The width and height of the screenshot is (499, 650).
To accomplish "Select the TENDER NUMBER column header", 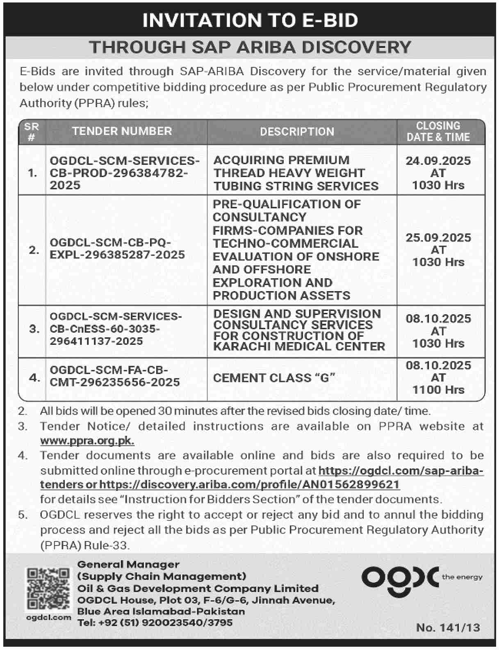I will pyautogui.click(x=122, y=131).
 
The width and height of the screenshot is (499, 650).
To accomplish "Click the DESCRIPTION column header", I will pyautogui.click(x=297, y=132).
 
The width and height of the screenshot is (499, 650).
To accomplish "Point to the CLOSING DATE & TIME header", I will pyautogui.click(x=438, y=131).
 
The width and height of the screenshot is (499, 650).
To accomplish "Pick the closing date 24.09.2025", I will pyautogui.click(x=438, y=160).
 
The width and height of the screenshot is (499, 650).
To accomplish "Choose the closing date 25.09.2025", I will pyautogui.click(x=438, y=237).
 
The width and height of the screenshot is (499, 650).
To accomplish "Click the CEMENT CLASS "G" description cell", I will pyautogui.click(x=274, y=378).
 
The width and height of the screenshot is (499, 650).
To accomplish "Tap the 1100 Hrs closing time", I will pyautogui.click(x=438, y=390).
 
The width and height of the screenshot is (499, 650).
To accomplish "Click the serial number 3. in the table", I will pyautogui.click(x=34, y=329).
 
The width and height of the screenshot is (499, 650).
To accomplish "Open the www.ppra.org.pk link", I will pyautogui.click(x=87, y=441).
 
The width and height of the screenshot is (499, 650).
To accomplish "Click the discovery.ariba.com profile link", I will pyautogui.click(x=249, y=484).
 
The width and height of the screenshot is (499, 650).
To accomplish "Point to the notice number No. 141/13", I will pyautogui.click(x=448, y=627).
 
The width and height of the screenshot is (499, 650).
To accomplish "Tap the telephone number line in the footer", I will pyautogui.click(x=155, y=623).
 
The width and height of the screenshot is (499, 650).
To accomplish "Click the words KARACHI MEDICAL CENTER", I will pyautogui.click(x=299, y=347).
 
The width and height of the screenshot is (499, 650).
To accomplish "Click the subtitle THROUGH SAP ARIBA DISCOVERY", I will pyautogui.click(x=250, y=47).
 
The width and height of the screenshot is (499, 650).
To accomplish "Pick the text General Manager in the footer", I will pyautogui.click(x=128, y=565).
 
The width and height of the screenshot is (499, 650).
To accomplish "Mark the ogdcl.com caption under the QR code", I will pyautogui.click(x=48, y=617).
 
